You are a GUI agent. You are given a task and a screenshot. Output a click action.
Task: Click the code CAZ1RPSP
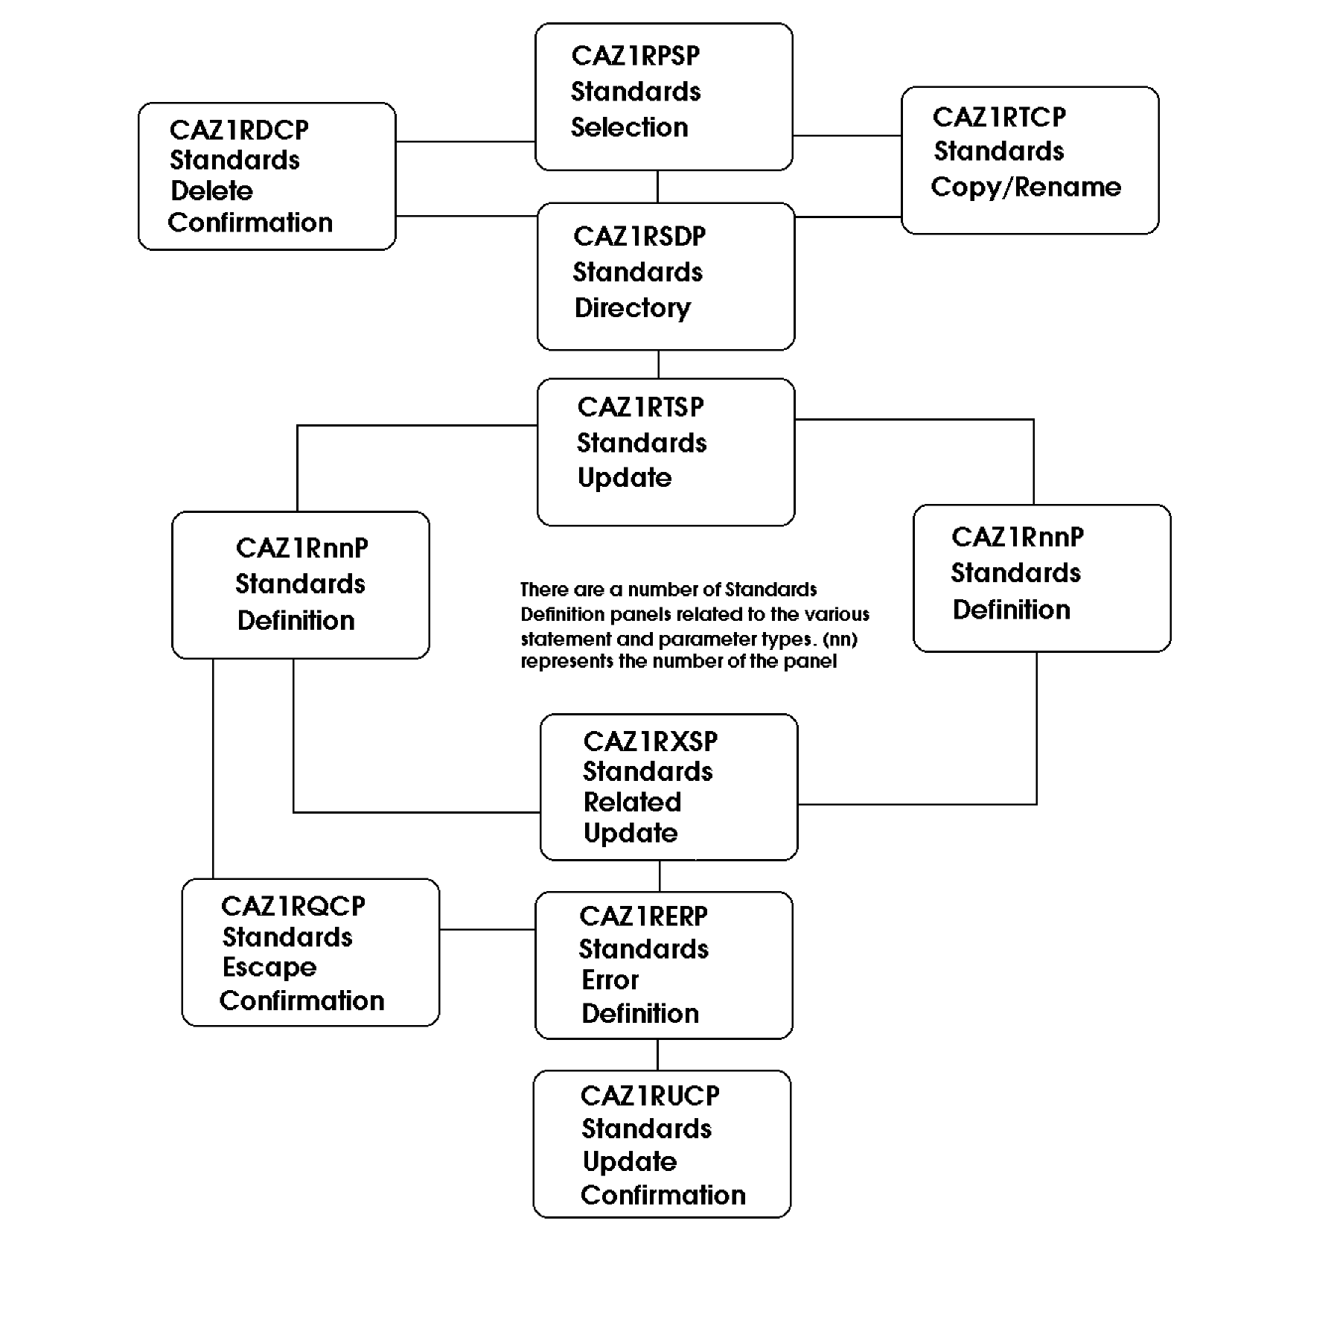click(635, 56)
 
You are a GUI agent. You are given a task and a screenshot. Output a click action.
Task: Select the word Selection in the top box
click(629, 127)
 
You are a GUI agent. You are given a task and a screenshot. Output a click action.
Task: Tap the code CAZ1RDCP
click(238, 130)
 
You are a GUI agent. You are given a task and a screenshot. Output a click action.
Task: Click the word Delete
click(211, 191)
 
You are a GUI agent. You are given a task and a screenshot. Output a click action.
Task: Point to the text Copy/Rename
click(1025, 187)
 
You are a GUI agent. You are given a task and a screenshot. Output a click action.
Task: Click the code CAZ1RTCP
click(998, 117)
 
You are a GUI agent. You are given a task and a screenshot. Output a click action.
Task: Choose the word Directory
click(632, 307)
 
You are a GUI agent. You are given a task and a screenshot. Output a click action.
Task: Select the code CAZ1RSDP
click(639, 237)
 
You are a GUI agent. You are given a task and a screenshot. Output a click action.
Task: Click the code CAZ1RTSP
click(639, 407)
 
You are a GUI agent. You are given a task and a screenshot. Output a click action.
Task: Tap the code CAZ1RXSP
click(650, 741)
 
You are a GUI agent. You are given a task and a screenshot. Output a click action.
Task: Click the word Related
click(632, 802)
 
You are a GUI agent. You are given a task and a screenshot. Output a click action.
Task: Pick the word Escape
click(269, 967)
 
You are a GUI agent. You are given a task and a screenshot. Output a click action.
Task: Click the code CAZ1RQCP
click(293, 906)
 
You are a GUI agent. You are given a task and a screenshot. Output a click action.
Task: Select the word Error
click(610, 980)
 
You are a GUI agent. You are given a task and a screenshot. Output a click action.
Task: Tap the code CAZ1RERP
click(642, 916)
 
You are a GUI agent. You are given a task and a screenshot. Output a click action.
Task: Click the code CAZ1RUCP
click(649, 1096)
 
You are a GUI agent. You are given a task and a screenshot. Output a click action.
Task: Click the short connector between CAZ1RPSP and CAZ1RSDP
click(657, 187)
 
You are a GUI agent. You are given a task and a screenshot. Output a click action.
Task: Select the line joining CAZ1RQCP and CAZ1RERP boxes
click(487, 929)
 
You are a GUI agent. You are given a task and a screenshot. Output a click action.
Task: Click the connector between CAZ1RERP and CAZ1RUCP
click(657, 1055)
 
